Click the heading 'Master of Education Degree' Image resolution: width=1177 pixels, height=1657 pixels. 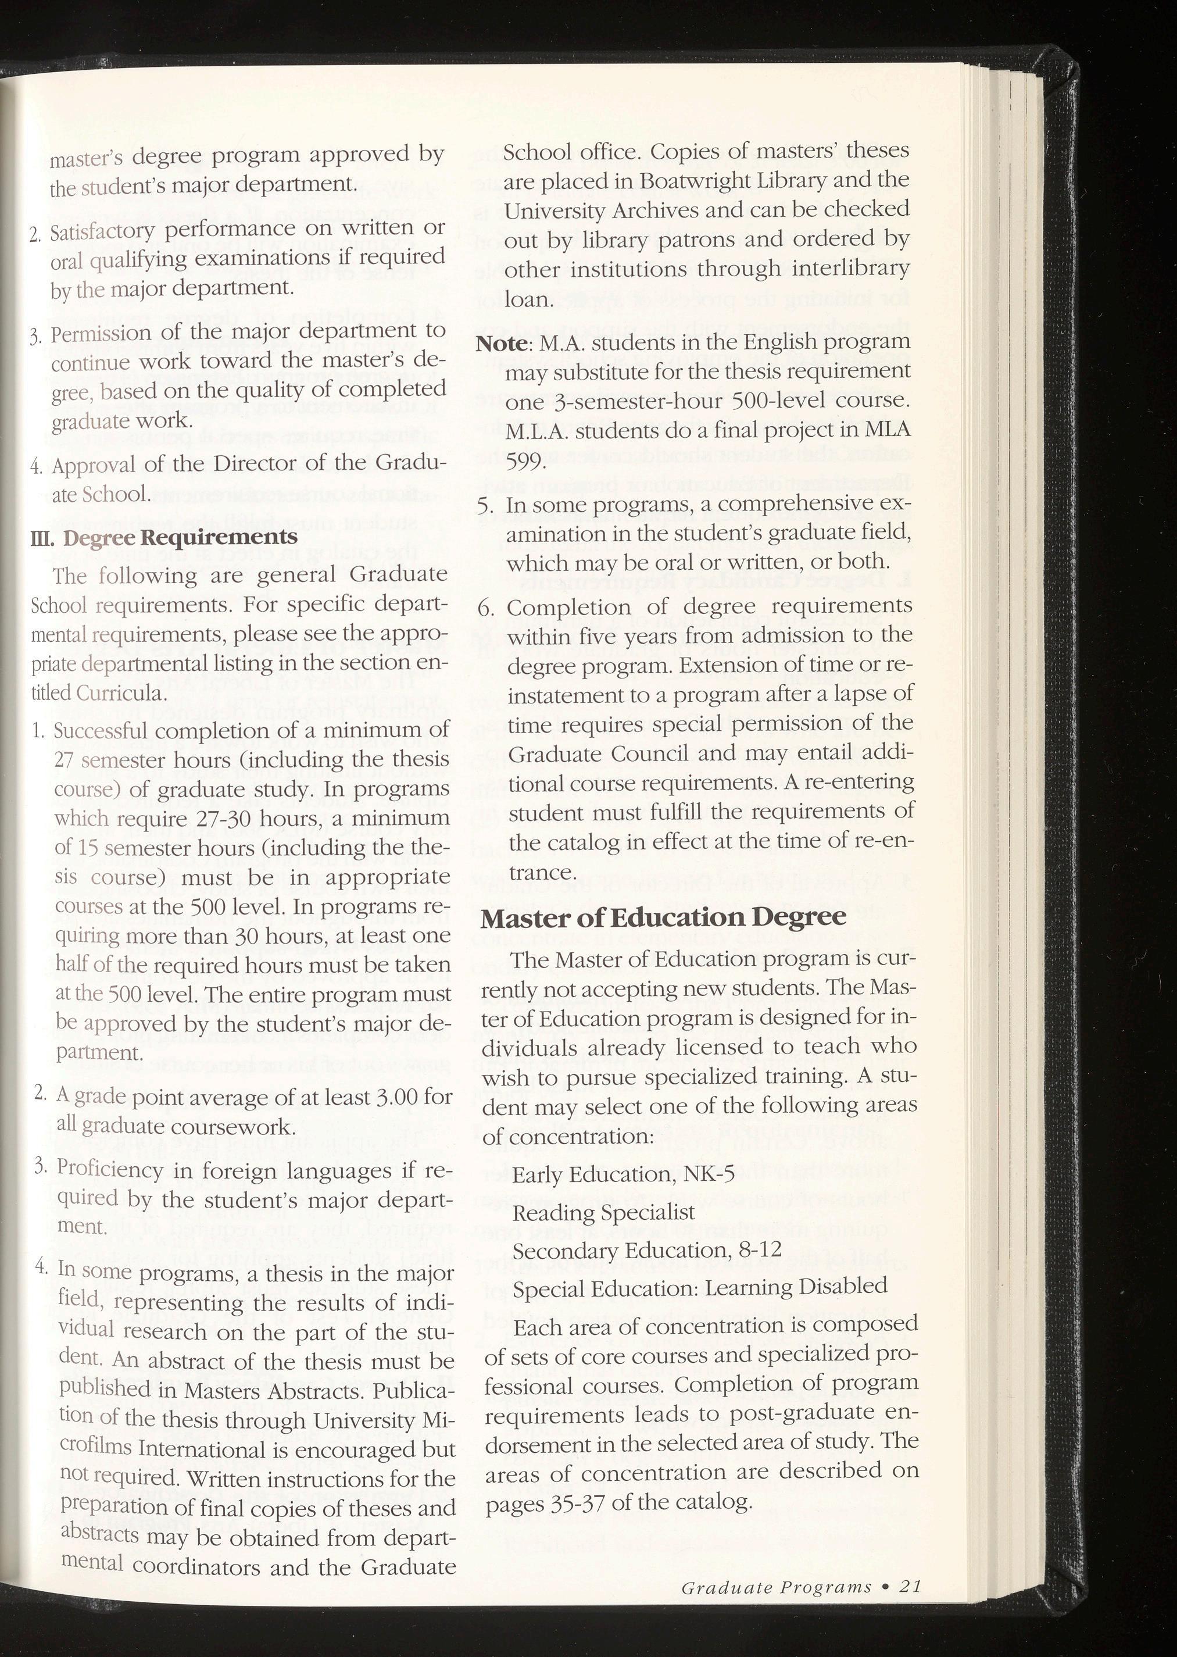click(663, 917)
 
